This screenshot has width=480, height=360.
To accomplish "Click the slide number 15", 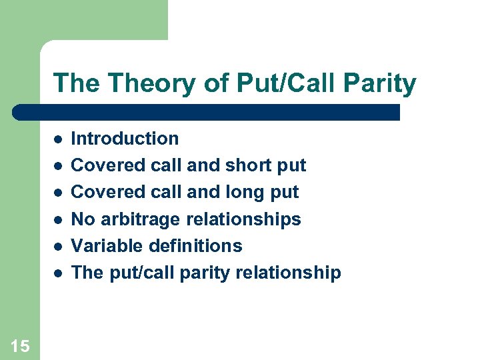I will [x=20, y=345].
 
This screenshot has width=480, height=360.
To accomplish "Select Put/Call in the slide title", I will [x=277, y=83].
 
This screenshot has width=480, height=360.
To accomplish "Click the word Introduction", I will [x=125, y=139].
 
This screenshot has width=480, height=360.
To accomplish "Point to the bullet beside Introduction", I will [x=58, y=139].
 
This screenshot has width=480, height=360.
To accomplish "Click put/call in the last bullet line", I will [x=128, y=273].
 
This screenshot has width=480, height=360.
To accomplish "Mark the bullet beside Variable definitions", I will [x=58, y=246].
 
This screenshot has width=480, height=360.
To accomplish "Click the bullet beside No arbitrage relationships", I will [x=58, y=219].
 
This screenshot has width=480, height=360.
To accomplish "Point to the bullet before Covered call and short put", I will [x=58, y=165].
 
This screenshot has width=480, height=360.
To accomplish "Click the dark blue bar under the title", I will [x=207, y=111].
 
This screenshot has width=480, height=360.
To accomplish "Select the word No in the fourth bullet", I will [x=81, y=219].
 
